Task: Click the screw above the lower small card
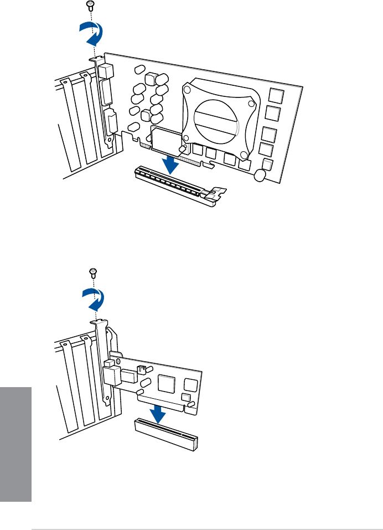coord(92,271)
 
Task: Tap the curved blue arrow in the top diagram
coord(90,35)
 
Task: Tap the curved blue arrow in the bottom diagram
coord(92,301)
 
